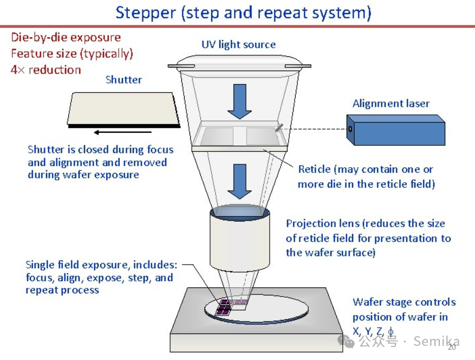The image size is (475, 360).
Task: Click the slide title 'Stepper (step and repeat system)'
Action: click(x=243, y=12)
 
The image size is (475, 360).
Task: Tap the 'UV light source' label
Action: click(x=238, y=44)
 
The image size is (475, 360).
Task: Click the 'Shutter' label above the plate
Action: click(x=123, y=80)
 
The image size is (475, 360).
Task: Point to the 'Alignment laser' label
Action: click(x=391, y=104)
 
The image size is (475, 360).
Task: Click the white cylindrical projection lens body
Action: click(x=239, y=241)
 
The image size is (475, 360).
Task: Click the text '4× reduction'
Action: click(x=46, y=70)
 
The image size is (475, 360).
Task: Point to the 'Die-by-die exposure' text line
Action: click(x=66, y=37)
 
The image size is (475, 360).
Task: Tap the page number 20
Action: click(x=451, y=348)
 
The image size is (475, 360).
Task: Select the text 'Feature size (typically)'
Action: click(x=72, y=54)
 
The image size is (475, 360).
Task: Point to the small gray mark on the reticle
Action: click(x=278, y=127)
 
